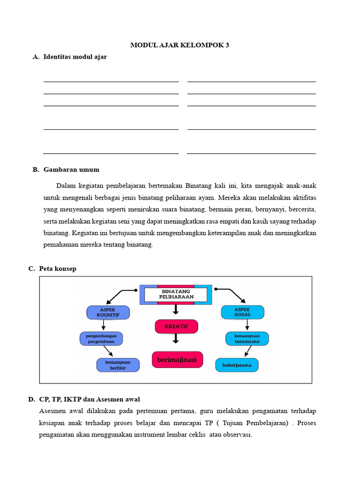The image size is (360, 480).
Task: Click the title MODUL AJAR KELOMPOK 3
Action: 180,45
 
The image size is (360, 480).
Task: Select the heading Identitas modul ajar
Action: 75,57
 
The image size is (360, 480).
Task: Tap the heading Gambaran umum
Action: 71,170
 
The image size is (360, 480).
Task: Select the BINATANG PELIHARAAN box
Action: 175,294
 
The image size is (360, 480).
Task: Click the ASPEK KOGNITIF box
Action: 108,312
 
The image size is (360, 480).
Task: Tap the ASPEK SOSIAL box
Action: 242,312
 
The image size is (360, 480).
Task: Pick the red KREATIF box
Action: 176,326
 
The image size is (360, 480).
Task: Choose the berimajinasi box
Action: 177,360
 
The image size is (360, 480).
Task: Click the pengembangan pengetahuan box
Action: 101,338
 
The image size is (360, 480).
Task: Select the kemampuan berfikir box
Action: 118,365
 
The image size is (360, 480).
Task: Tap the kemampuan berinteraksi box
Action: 247,338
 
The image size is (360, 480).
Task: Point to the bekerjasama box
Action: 237,365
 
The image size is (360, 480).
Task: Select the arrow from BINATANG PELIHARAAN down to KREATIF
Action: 176,309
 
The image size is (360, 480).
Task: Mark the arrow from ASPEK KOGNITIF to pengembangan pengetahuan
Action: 103,325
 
